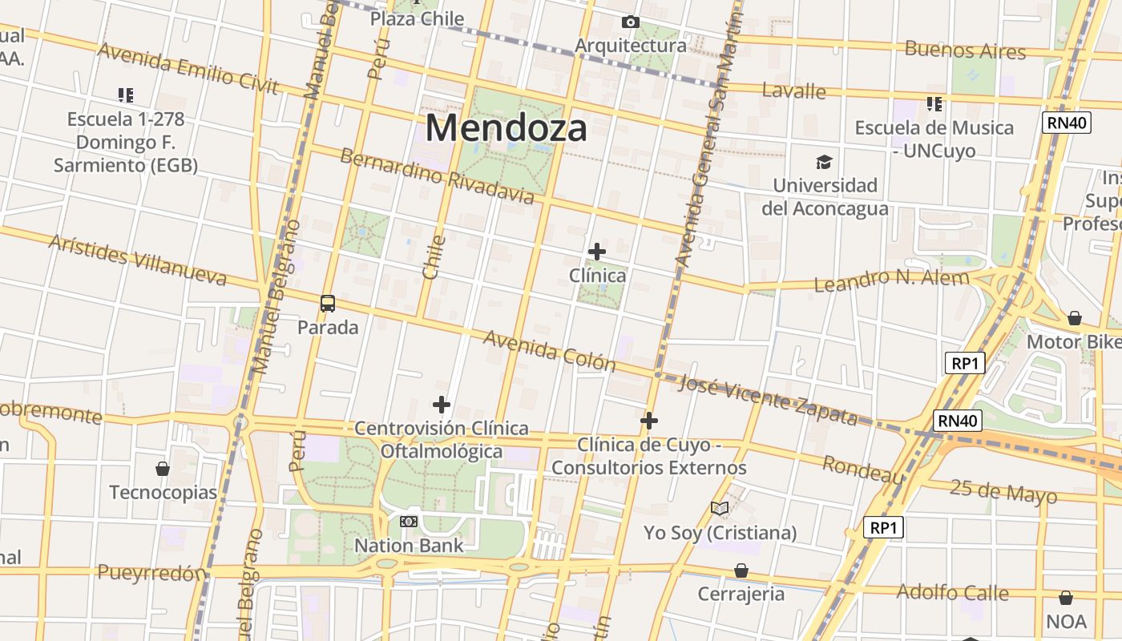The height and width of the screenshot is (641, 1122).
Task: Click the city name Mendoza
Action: (x=506, y=128)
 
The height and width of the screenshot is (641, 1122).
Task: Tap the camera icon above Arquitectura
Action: (x=631, y=22)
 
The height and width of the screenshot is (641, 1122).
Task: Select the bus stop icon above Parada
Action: (x=328, y=304)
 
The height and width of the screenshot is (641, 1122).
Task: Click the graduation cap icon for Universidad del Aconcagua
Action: (x=824, y=163)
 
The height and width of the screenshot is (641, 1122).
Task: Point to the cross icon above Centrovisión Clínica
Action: (x=442, y=405)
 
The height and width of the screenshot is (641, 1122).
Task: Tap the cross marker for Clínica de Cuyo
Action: (x=649, y=421)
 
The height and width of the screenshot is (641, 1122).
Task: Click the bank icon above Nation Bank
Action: (x=409, y=522)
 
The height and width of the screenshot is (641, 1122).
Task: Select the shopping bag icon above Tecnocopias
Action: (x=163, y=469)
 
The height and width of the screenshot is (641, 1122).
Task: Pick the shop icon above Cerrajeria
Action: (x=741, y=570)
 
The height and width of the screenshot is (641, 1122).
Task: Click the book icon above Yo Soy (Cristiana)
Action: (x=720, y=509)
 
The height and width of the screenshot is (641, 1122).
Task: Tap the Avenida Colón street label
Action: (x=550, y=351)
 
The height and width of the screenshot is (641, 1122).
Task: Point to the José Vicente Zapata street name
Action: (x=768, y=399)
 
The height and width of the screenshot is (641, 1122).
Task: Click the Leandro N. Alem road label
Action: (x=891, y=280)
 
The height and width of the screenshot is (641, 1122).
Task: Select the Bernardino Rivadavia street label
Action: (x=437, y=175)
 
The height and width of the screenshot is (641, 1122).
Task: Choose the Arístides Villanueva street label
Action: (x=137, y=260)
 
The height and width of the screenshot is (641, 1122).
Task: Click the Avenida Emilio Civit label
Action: (x=188, y=68)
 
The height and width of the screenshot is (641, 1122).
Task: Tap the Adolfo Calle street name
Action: (x=952, y=592)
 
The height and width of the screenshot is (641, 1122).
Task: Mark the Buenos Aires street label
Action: (x=965, y=50)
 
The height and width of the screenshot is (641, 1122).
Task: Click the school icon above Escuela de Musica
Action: (x=934, y=104)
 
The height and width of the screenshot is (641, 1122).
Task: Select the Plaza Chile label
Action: (x=417, y=18)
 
